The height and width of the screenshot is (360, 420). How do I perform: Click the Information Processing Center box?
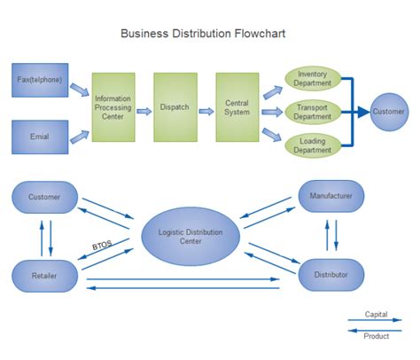click(x=113, y=106)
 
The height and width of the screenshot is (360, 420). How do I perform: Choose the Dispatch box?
click(x=175, y=106)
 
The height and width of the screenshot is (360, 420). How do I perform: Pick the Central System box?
click(x=237, y=106)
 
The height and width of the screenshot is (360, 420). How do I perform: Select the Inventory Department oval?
click(x=313, y=78)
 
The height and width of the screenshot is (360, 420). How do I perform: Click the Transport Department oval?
click(x=313, y=111)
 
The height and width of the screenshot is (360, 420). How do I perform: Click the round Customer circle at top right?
click(x=388, y=112)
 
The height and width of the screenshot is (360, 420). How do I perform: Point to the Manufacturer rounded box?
click(x=331, y=195)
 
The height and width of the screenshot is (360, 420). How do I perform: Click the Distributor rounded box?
click(x=331, y=275)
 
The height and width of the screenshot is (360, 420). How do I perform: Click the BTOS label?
click(x=104, y=246)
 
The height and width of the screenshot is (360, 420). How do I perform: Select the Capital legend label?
click(x=376, y=314)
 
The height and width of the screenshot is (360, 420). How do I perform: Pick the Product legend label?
click(x=376, y=336)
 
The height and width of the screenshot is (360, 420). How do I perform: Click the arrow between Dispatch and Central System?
click(x=206, y=111)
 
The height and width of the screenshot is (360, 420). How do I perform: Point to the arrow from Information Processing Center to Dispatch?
click(x=144, y=111)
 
